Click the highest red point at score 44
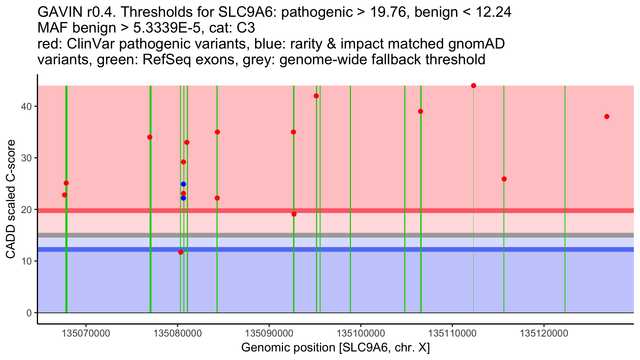pyautogui.click(x=474, y=86)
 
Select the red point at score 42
pyautogui.click(x=316, y=96)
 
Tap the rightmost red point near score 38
pyautogui.click(x=607, y=117)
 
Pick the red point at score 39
pyautogui.click(x=421, y=111)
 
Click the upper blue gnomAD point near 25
pyautogui.click(x=183, y=184)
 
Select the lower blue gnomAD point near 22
pyautogui.click(x=183, y=198)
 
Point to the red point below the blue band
pyautogui.click(x=181, y=252)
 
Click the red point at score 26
pyautogui.click(x=504, y=179)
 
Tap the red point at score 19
pyautogui.click(x=294, y=214)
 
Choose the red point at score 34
pyautogui.click(x=150, y=137)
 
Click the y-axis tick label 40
pyautogui.click(x=26, y=106)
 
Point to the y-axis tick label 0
pyautogui.click(x=29, y=313)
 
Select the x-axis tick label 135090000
pyautogui.click(x=269, y=333)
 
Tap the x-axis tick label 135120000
pyautogui.click(x=544, y=333)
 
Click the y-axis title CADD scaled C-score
pyautogui.click(x=11, y=199)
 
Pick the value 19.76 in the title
pyautogui.click(x=389, y=12)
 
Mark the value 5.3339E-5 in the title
pyautogui.click(x=167, y=28)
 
